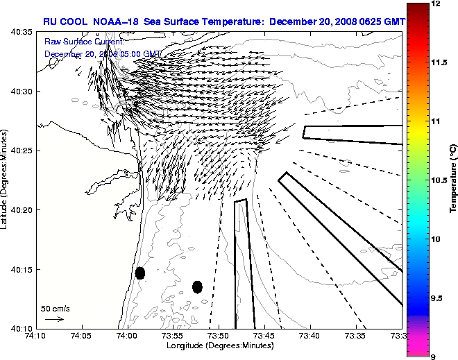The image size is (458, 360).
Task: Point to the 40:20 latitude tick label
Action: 19,210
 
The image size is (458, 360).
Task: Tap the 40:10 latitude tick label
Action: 19,328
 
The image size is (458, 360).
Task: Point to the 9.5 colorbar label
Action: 436,298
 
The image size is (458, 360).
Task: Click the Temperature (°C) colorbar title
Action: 452,180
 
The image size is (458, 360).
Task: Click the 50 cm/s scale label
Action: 55,308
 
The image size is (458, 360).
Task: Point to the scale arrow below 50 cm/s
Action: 54,319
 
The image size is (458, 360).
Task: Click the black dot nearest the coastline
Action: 140,273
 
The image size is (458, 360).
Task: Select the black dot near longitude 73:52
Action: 197,286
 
